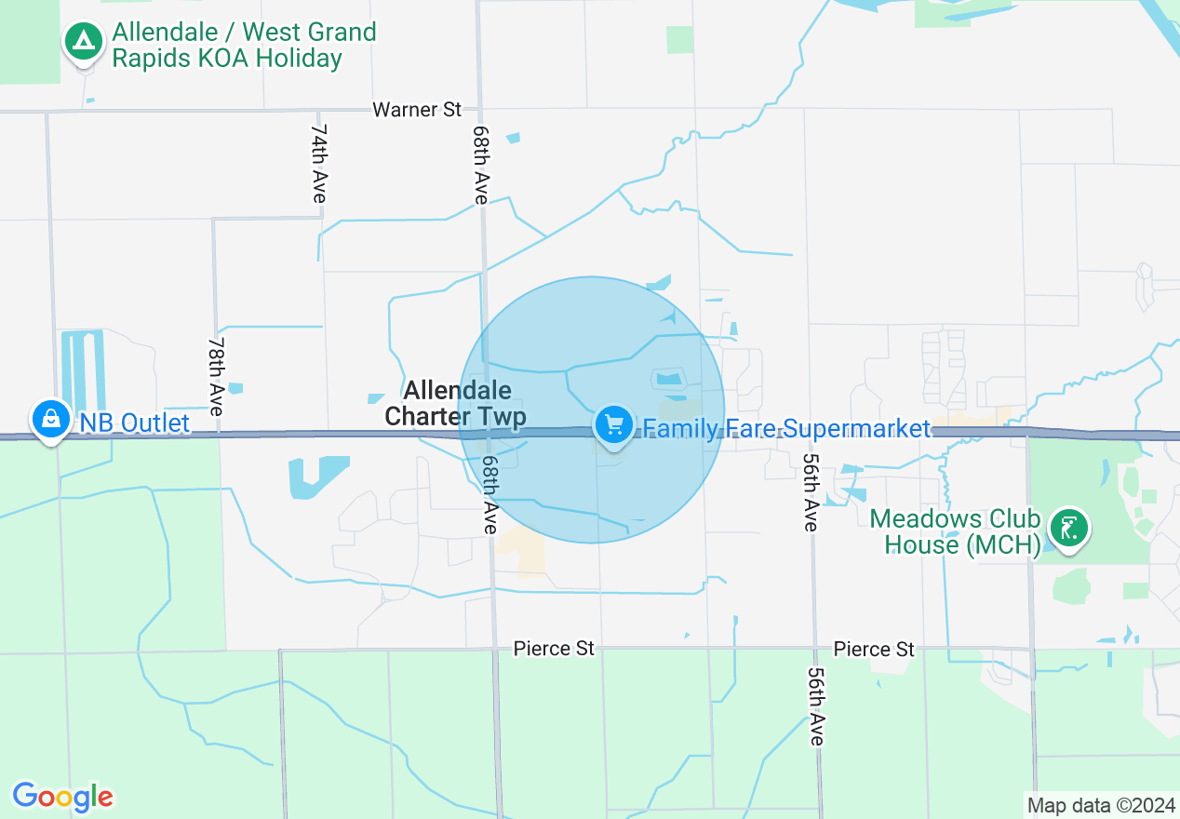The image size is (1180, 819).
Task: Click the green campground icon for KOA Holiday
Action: point(85,41)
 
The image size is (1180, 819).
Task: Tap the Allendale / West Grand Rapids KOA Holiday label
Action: point(244,45)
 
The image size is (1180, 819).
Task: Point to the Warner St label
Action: point(417,109)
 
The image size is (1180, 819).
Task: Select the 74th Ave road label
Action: point(319,163)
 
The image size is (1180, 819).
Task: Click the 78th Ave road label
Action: point(216,376)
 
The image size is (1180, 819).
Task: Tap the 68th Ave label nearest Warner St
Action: point(480,165)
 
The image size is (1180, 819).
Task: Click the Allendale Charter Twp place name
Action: point(456,403)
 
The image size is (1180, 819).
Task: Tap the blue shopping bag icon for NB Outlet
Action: point(50,420)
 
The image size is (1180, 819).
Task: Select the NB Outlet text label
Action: point(134,423)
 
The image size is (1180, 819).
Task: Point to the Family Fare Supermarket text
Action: point(786,428)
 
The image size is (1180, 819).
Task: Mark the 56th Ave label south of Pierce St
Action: point(816,705)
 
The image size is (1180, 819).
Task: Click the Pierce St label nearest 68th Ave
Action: point(554,648)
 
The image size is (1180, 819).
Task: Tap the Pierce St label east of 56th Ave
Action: point(874,649)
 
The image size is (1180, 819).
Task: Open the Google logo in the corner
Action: point(62,797)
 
